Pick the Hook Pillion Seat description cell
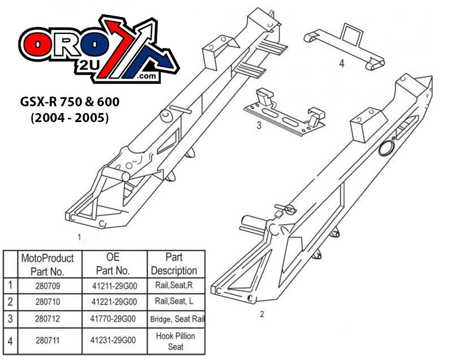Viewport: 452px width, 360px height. [176, 341]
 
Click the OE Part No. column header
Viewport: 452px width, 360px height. [114, 263]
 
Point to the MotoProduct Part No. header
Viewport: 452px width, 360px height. [47, 264]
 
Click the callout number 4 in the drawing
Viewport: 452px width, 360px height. [341, 63]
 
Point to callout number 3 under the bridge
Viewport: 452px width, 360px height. [258, 125]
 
